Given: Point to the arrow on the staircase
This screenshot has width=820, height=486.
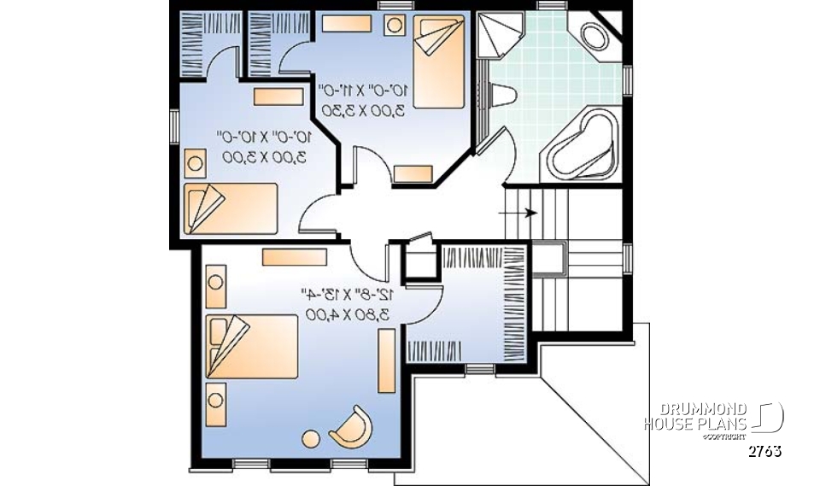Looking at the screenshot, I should (530, 213).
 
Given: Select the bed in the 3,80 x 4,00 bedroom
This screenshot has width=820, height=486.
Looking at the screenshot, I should (253, 346).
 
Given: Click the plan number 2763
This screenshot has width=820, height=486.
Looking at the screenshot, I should (764, 451).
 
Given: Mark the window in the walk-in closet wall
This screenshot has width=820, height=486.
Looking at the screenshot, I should (479, 369).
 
